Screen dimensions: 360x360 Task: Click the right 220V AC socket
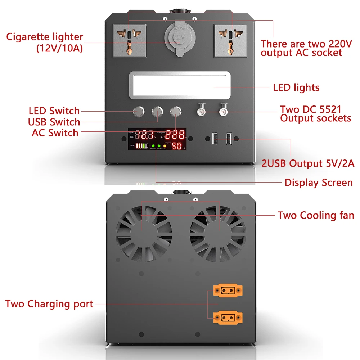[x=230, y=40]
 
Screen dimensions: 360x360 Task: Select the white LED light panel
[x=180, y=86]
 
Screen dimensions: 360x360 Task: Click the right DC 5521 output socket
[x=224, y=111]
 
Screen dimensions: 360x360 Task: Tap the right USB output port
[x=229, y=139]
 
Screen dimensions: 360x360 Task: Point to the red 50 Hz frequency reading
[x=176, y=146]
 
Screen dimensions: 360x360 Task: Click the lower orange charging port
[x=228, y=318]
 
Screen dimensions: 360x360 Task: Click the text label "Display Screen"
[x=319, y=183]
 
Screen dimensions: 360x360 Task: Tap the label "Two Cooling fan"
[x=316, y=215]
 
